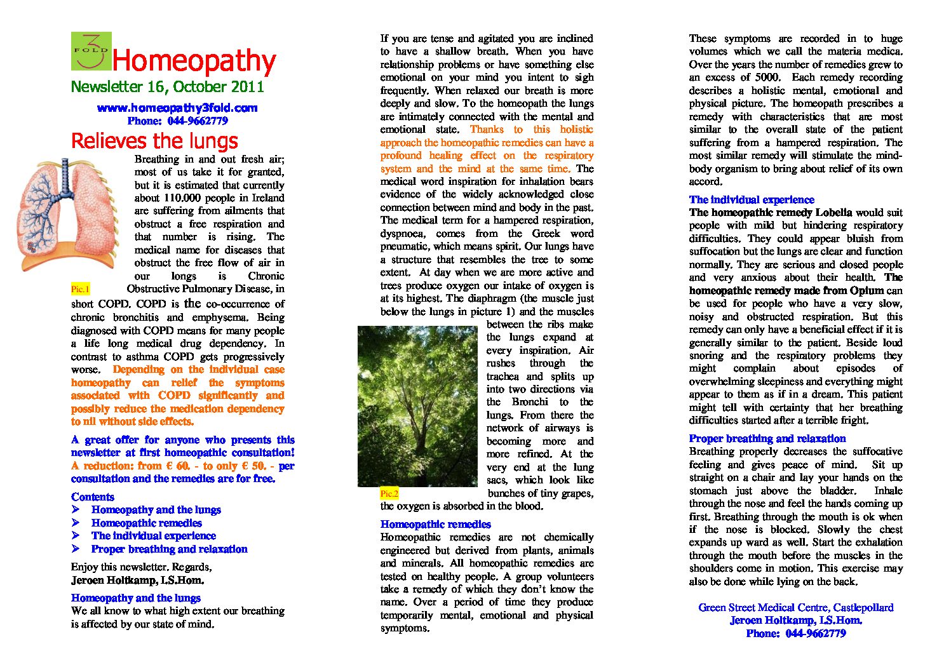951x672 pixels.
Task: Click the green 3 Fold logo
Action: [x=91, y=51]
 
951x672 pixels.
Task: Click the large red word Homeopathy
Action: [x=194, y=61]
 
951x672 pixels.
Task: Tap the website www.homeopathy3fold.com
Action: [x=177, y=108]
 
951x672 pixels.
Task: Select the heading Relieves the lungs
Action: [x=154, y=140]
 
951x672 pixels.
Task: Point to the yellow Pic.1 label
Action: [x=81, y=289]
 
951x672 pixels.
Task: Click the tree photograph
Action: [x=417, y=406]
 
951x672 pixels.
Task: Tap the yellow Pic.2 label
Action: [x=389, y=494]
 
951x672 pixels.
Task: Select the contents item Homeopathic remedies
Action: [x=147, y=523]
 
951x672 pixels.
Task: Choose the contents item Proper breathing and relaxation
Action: [x=170, y=549]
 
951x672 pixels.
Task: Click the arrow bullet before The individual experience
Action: [x=76, y=536]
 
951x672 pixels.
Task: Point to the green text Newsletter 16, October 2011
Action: [x=167, y=87]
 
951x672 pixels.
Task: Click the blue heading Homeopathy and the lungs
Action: [x=136, y=598]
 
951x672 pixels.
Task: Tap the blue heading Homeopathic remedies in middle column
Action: [x=436, y=525]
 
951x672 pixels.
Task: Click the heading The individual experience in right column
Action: [x=752, y=200]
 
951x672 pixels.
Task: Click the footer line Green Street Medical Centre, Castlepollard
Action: [x=796, y=608]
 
